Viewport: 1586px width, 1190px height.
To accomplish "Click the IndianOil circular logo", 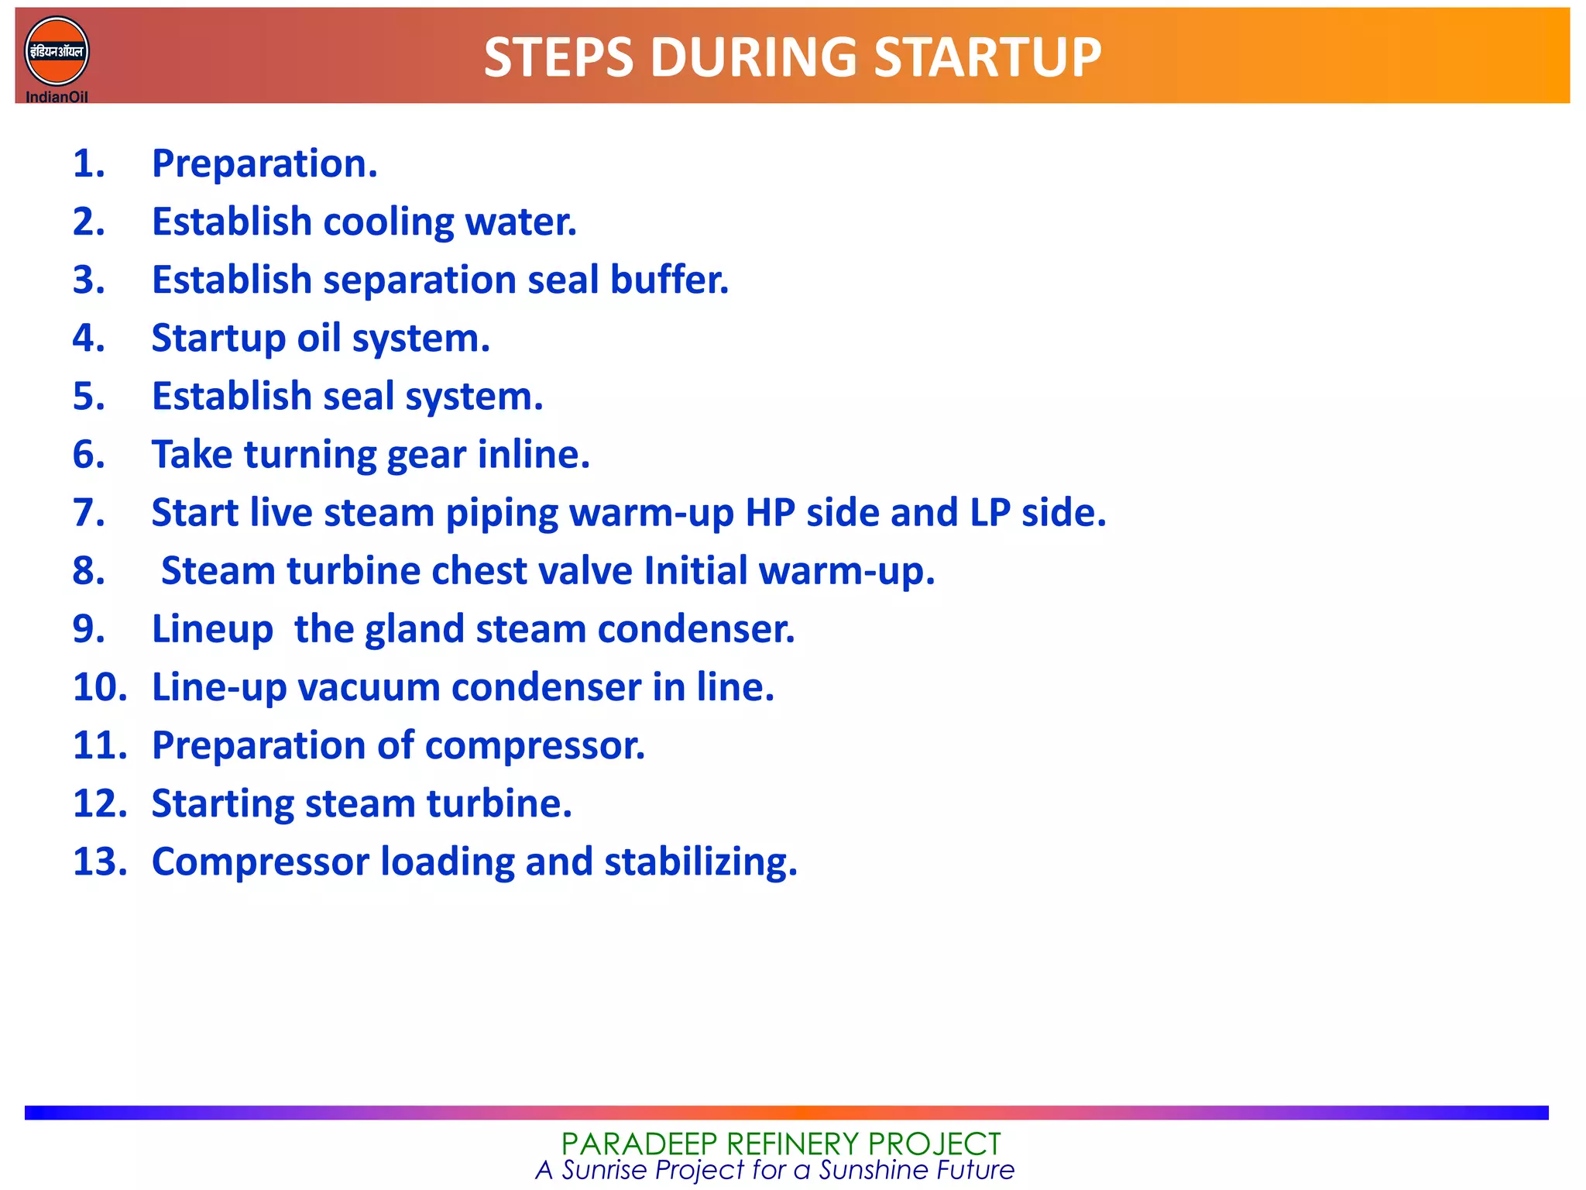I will (57, 52).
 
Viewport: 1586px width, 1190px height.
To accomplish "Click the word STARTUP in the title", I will (987, 58).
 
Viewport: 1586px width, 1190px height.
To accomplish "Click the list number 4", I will (88, 339).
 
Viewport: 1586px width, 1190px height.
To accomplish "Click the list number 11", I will (99, 745).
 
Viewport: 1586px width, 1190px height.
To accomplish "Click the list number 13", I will (99, 862).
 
